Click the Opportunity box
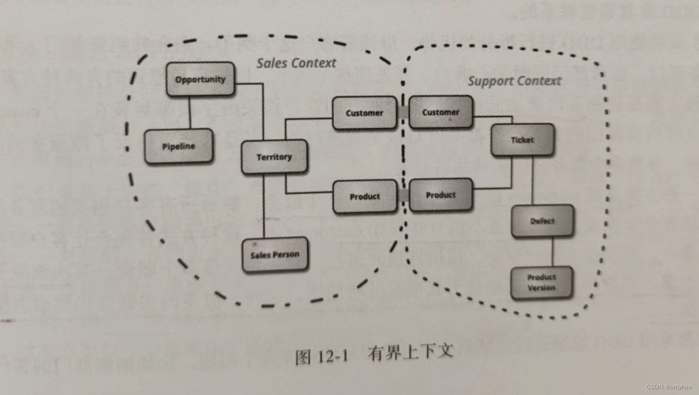(x=200, y=79)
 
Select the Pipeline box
(x=178, y=146)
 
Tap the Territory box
(x=274, y=157)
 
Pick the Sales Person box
(x=275, y=255)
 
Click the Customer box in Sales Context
(x=364, y=113)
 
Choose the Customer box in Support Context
(x=441, y=112)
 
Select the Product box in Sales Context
(x=365, y=197)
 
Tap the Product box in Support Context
(x=441, y=195)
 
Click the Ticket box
(x=522, y=140)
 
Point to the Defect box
(x=542, y=221)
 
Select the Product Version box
(x=541, y=283)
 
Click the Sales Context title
(x=296, y=63)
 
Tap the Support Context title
(x=514, y=81)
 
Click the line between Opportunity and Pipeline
(x=190, y=113)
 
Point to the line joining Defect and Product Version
(x=552, y=252)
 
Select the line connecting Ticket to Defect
(x=532, y=180)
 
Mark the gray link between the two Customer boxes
(x=403, y=113)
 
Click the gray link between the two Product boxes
(x=403, y=196)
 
